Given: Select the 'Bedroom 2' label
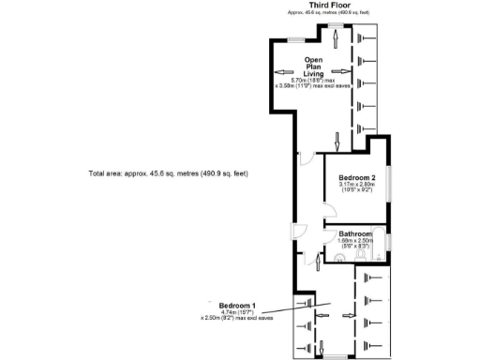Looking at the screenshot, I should pyautogui.click(x=357, y=178).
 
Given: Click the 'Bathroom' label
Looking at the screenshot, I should pyautogui.click(x=355, y=233).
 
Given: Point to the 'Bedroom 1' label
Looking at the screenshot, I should pyautogui.click(x=238, y=307).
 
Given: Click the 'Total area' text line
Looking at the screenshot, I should pyautogui.click(x=168, y=174).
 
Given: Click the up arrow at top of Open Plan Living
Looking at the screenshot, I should pyautogui.click(x=336, y=35).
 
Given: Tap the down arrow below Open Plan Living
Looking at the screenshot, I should pyautogui.click(x=336, y=141).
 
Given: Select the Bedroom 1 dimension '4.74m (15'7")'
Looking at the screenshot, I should pyautogui.click(x=238, y=313).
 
